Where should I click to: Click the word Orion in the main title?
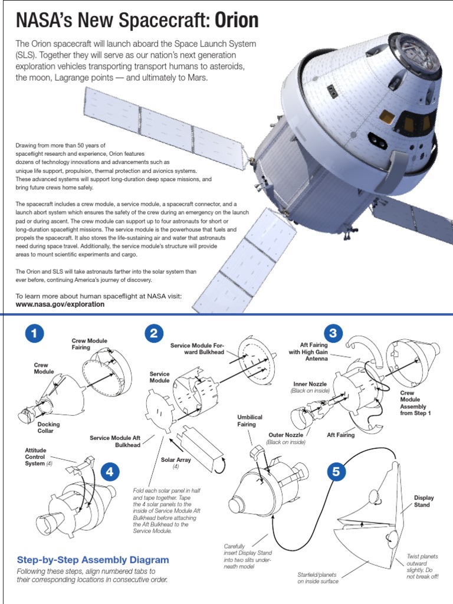(236, 21)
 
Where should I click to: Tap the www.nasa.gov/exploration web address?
(60, 304)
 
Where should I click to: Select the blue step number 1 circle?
(35, 334)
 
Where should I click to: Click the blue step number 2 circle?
(153, 334)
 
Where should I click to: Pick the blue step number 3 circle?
(333, 334)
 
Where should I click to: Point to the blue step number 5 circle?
(336, 472)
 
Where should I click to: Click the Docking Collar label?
(48, 428)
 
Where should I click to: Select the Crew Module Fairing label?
(89, 344)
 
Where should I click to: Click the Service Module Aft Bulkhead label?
(115, 441)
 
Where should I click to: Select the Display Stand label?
(424, 501)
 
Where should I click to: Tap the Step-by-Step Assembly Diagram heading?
(93, 560)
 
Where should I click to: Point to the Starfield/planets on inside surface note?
(318, 577)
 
